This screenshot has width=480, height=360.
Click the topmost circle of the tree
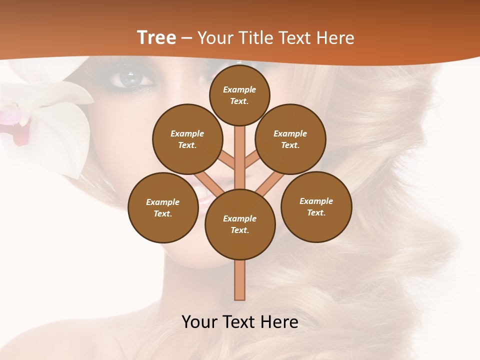239,95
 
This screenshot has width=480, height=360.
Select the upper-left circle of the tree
187,139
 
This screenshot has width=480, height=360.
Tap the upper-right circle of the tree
290,139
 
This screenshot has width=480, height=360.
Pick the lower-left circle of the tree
163,207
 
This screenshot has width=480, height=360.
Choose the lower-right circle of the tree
316,206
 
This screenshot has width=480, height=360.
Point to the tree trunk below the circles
240,280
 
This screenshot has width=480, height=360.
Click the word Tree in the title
156,37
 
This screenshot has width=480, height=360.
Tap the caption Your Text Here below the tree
240,322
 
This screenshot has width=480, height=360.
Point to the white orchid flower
60,125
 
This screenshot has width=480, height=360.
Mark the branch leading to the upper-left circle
228,161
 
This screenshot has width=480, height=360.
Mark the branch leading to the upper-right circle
251,161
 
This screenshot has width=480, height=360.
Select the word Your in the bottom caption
200,322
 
